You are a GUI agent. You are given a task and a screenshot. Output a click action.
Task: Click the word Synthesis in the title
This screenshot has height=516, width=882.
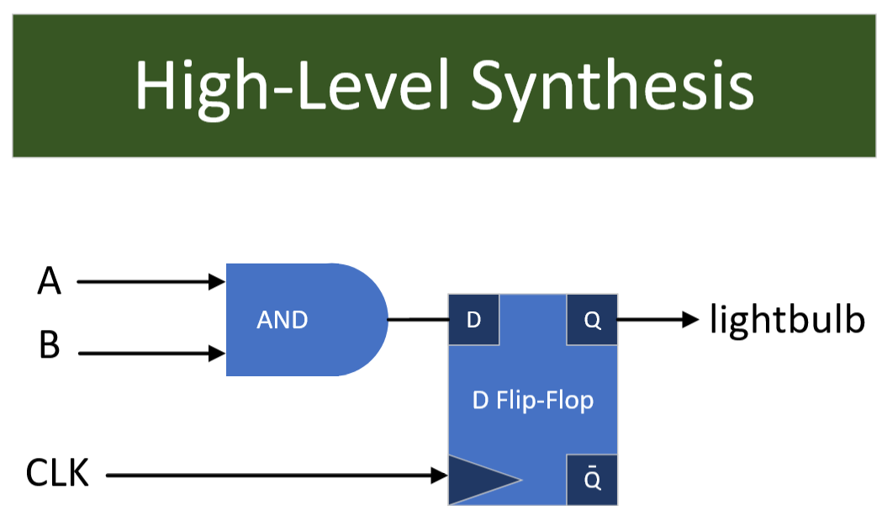pyautogui.click(x=611, y=87)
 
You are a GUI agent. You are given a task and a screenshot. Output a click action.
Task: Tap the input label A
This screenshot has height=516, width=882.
pyautogui.click(x=50, y=281)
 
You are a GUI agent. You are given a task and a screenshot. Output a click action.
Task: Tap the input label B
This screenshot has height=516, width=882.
pyautogui.click(x=50, y=345)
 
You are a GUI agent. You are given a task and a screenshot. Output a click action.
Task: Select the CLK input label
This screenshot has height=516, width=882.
pyautogui.click(x=57, y=473)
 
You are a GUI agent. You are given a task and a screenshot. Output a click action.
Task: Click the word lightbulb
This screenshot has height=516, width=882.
pyautogui.click(x=787, y=319)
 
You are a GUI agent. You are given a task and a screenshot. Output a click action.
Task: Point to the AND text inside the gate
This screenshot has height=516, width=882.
pyautogui.click(x=282, y=320)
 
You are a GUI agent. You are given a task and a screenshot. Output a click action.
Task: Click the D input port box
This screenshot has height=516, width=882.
pyautogui.click(x=474, y=320)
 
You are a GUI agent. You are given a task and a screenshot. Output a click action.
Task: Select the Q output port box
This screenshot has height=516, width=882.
pyautogui.click(x=592, y=320)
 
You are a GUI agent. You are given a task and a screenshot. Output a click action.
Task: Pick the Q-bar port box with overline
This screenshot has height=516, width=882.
pyautogui.click(x=592, y=479)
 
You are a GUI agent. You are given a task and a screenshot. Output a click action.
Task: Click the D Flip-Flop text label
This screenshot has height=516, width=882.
pyautogui.click(x=533, y=400)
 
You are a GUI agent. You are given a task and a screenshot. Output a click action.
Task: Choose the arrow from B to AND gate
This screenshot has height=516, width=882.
pyautogui.click(x=151, y=354)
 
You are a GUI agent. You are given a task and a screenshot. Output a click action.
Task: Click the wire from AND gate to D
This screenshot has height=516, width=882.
pyautogui.click(x=418, y=320)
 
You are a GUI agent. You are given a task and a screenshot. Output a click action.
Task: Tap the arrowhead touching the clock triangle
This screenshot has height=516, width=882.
pyautogui.click(x=439, y=476)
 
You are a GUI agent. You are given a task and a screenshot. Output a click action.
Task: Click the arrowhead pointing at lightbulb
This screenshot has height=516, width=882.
pyautogui.click(x=691, y=319)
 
